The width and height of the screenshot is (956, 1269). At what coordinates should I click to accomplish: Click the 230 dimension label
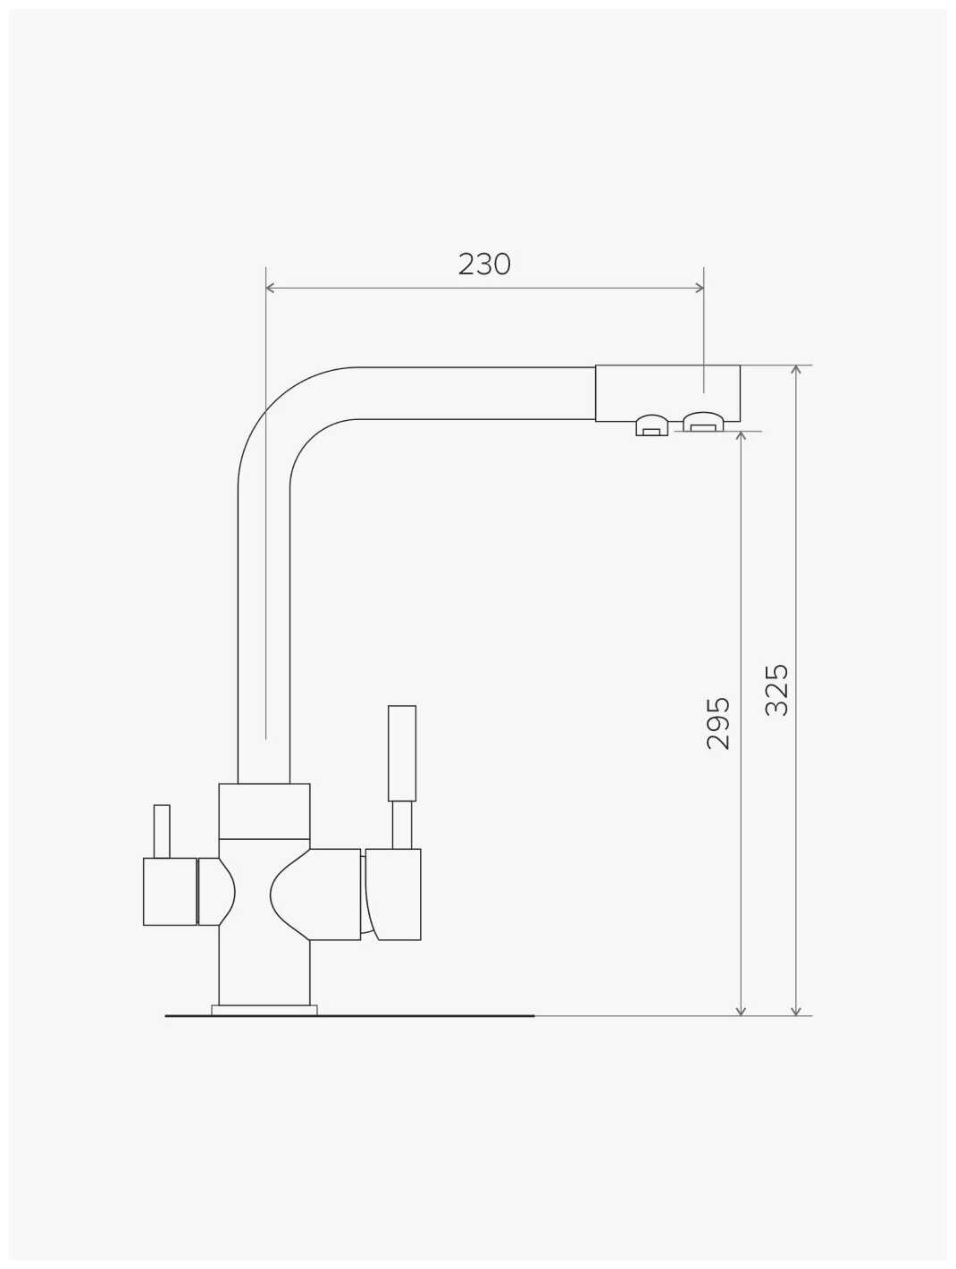coord(484,265)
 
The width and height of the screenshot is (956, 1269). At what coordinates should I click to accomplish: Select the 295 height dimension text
coord(718,724)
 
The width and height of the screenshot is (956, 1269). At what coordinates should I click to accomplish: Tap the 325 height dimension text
coord(776,690)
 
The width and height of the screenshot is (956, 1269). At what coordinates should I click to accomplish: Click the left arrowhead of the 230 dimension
coord(270,288)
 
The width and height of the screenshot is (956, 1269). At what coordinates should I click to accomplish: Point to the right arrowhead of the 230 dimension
coord(700,288)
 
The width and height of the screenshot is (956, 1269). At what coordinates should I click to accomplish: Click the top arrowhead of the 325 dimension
coord(796,370)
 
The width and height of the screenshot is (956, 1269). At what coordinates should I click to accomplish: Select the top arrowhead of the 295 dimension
coord(741,436)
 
